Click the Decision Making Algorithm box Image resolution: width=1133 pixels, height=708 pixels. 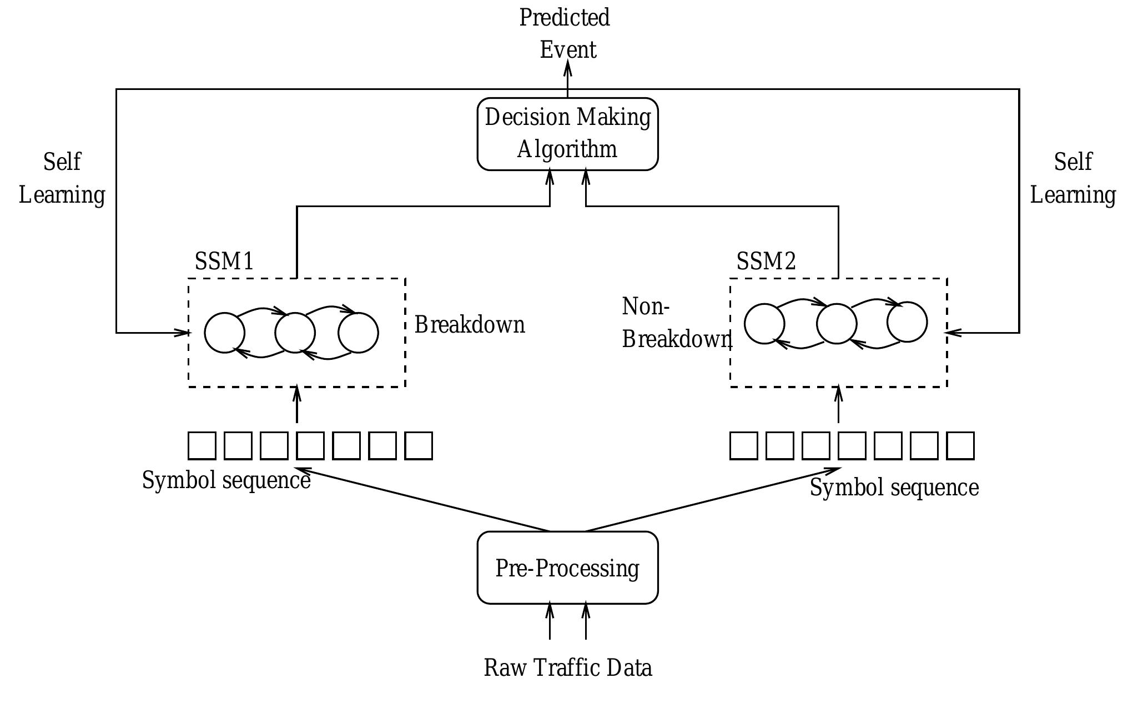click(x=567, y=134)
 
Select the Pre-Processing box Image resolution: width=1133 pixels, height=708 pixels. click(x=567, y=568)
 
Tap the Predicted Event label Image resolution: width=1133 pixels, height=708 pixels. click(x=566, y=33)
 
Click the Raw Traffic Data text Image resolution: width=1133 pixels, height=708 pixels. click(x=567, y=667)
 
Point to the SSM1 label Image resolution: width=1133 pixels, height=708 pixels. click(x=224, y=261)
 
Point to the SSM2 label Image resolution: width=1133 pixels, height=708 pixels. click(x=766, y=261)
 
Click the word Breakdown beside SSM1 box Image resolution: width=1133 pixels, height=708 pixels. click(x=470, y=325)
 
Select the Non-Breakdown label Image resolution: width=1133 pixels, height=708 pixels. click(x=674, y=323)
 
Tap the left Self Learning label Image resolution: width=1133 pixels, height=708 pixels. click(x=62, y=178)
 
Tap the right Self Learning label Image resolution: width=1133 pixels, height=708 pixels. click(x=1072, y=178)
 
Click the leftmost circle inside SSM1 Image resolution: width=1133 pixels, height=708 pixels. click(x=224, y=333)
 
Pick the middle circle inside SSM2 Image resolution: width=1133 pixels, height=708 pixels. click(x=837, y=324)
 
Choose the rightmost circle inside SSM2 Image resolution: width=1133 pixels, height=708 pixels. click(x=907, y=322)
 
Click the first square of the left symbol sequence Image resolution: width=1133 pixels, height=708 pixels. click(x=202, y=446)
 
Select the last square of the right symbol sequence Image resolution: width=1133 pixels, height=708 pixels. click(x=960, y=446)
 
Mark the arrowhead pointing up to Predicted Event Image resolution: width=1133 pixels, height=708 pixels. click(x=567, y=68)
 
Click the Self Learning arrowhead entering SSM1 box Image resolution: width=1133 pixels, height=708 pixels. click(x=183, y=333)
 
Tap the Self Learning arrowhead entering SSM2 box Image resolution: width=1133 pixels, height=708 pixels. click(x=953, y=333)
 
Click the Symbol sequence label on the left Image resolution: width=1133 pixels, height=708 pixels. click(x=226, y=480)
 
